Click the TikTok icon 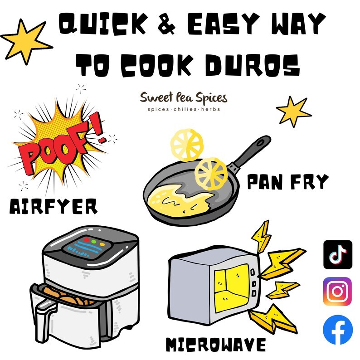coord(338,254)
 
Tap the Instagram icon coord(337,292)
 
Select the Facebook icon coord(338,330)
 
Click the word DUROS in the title coord(253,65)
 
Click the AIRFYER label coord(54,206)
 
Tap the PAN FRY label coord(288,181)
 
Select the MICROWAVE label coord(215,345)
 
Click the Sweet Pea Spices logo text coord(184,98)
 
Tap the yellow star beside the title coord(26,42)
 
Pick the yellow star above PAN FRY coord(294,112)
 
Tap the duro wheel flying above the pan coord(187,145)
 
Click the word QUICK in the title coord(102,24)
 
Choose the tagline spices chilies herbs coord(184,109)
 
